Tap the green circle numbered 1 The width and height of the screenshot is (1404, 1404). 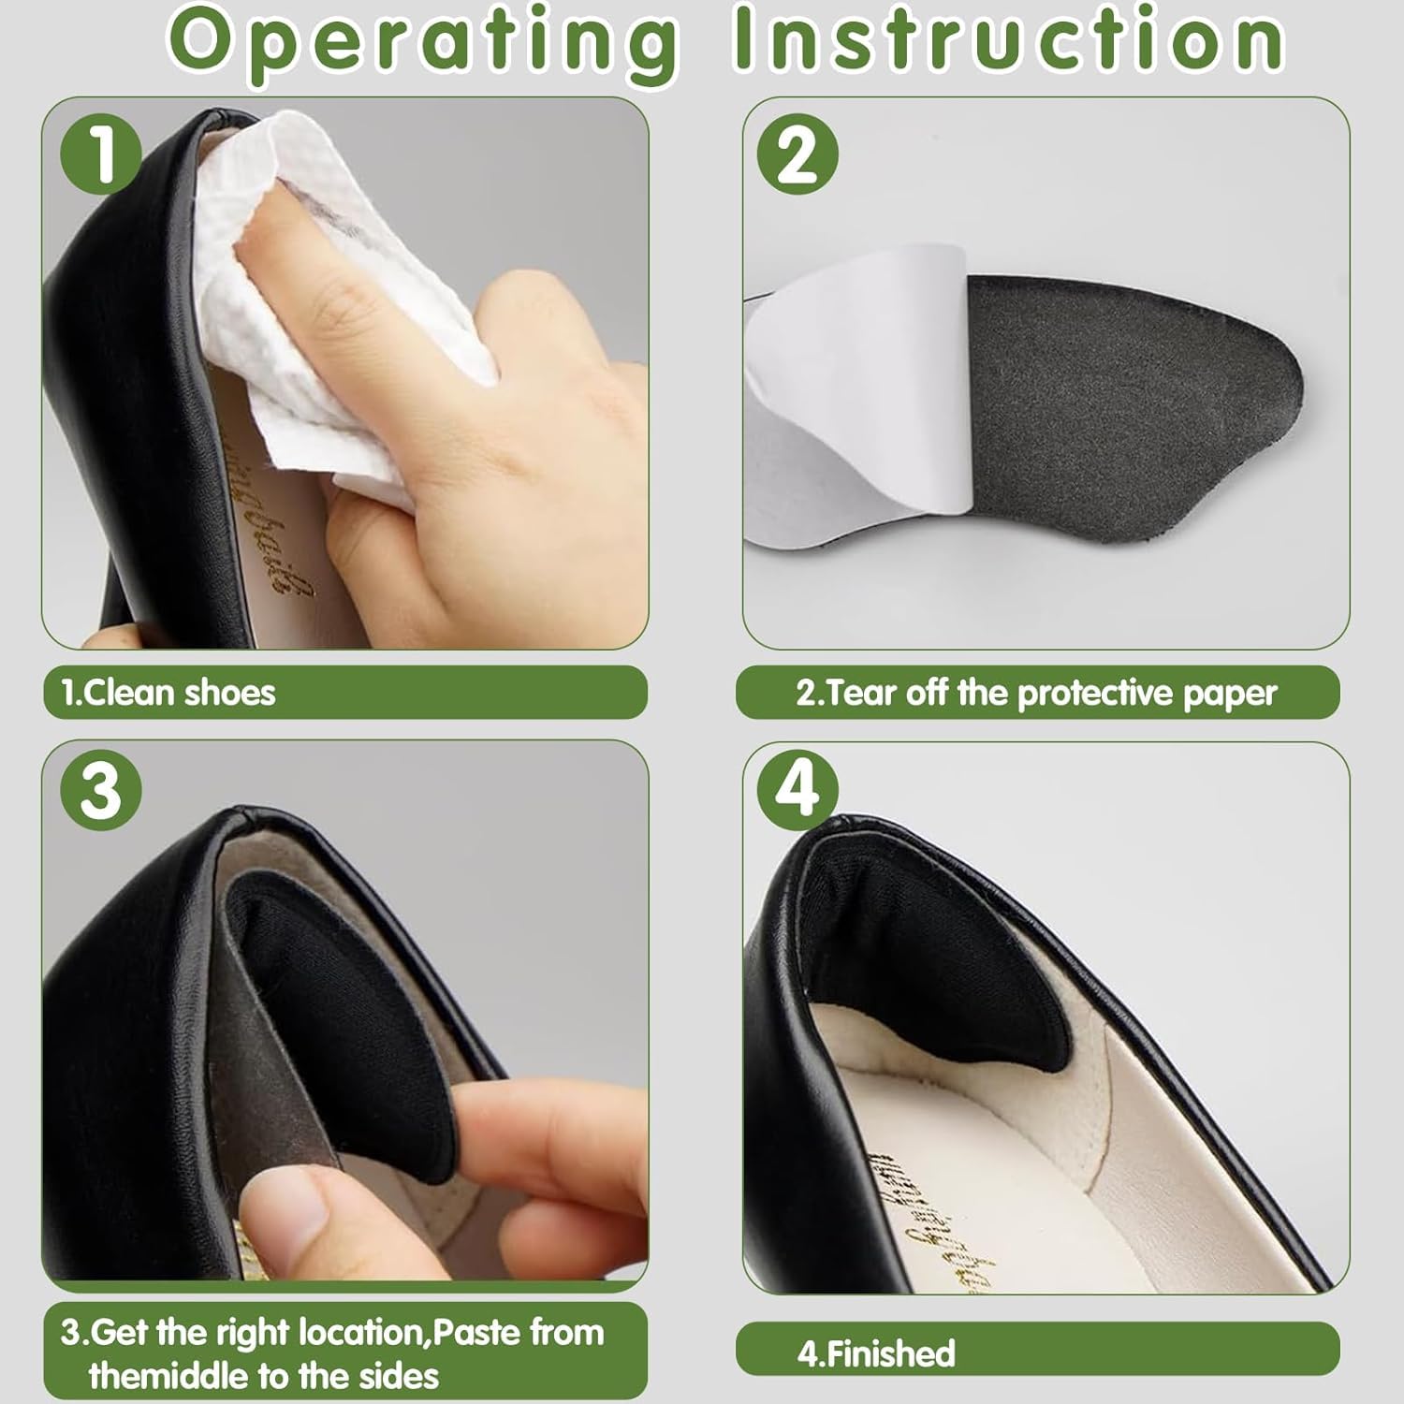(x=101, y=153)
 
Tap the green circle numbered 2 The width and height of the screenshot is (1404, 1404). (x=797, y=154)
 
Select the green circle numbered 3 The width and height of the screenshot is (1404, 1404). (x=101, y=790)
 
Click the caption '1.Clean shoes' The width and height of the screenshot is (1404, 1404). (x=168, y=694)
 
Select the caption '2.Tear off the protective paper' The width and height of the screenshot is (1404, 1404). (x=1036, y=694)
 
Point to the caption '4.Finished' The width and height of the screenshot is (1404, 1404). (x=876, y=1353)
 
